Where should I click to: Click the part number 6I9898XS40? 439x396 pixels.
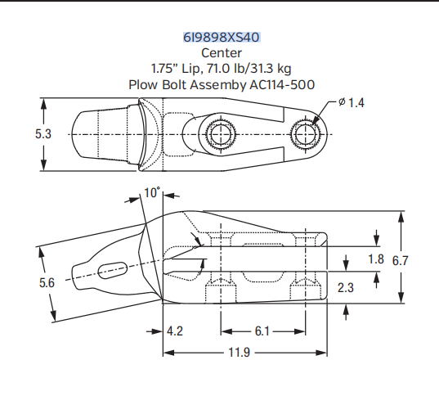click(221, 38)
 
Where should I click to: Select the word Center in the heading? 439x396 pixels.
click(221, 53)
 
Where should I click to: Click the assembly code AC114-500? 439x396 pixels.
click(277, 83)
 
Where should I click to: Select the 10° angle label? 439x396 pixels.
click(153, 193)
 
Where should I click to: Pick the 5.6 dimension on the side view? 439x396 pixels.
click(46, 282)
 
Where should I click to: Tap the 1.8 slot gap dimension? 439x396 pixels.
click(375, 259)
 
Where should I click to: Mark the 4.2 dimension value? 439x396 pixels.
click(173, 331)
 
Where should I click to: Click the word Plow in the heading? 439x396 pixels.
click(142, 83)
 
